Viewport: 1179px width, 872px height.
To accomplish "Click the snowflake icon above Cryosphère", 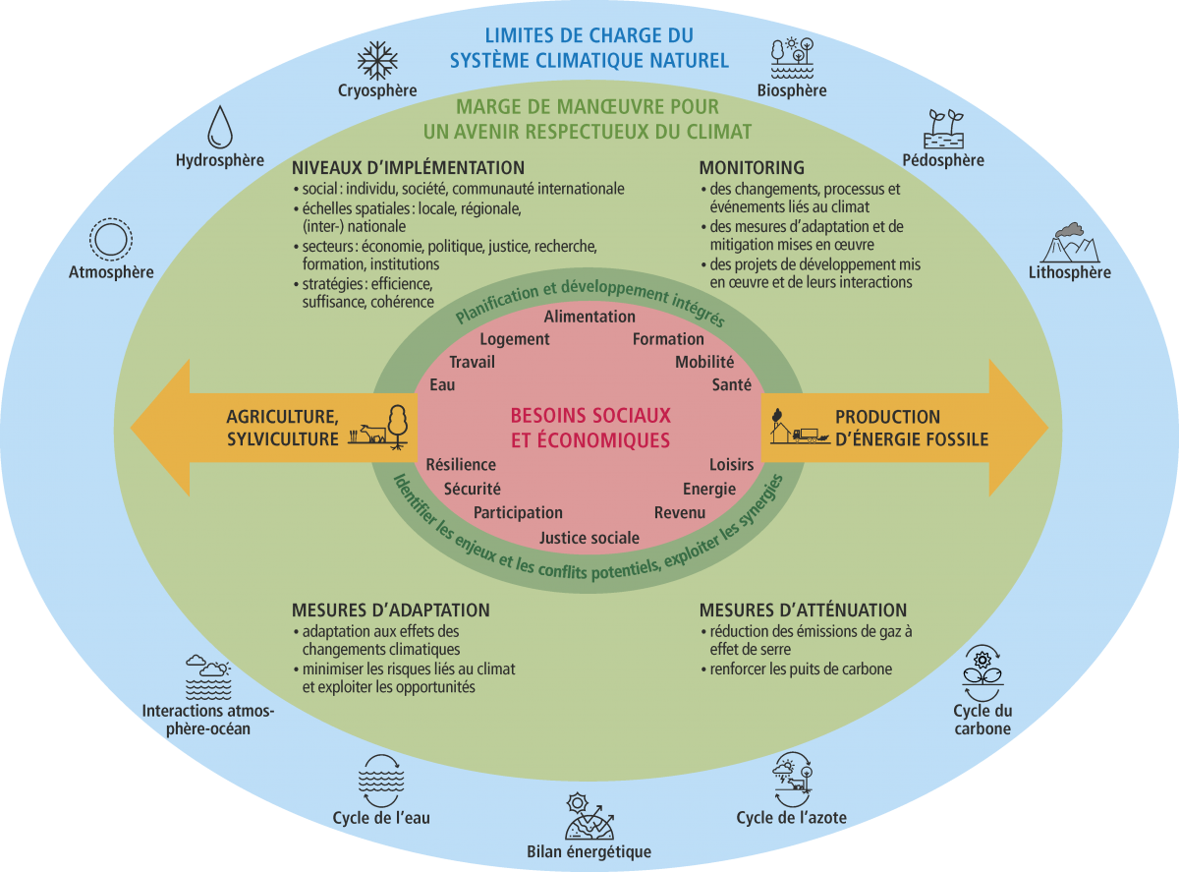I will point(377,60).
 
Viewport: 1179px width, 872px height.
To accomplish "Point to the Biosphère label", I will point(792,90).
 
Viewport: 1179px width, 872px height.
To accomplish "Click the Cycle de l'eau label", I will point(381,818).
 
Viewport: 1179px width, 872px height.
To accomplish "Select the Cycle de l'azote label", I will point(792,818).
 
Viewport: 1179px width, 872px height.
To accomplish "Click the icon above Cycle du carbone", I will point(982,670).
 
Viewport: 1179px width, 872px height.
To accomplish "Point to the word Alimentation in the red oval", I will point(589,317).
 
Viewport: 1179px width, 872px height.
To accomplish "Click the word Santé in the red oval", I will point(732,385).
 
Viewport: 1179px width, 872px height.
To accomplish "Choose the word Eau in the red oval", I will point(442,385).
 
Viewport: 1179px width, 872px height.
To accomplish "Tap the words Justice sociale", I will point(589,538).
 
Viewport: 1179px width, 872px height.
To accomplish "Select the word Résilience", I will point(461,464).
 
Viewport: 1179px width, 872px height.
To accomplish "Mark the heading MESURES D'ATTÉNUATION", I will point(803,610).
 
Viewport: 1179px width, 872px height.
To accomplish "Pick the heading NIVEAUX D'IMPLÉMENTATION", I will point(409,168).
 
